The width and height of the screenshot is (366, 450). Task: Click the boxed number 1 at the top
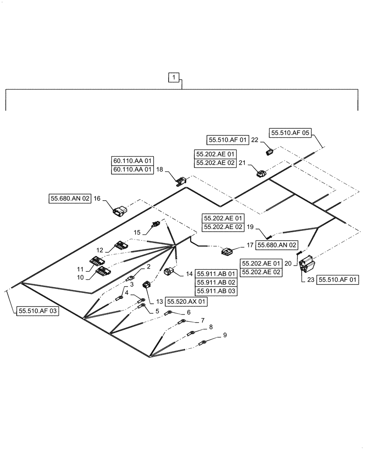[174, 78]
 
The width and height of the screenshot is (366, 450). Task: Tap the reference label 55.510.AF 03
[38, 310]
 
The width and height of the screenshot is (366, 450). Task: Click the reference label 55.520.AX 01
[187, 301]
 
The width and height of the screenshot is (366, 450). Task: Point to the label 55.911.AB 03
[216, 291]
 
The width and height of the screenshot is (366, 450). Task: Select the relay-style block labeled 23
[307, 264]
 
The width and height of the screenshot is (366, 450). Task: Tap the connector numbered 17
[226, 251]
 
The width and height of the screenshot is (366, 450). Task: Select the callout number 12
[99, 250]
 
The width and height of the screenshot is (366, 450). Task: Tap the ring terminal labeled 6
[168, 313]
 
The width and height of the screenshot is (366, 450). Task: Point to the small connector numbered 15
[156, 223]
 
